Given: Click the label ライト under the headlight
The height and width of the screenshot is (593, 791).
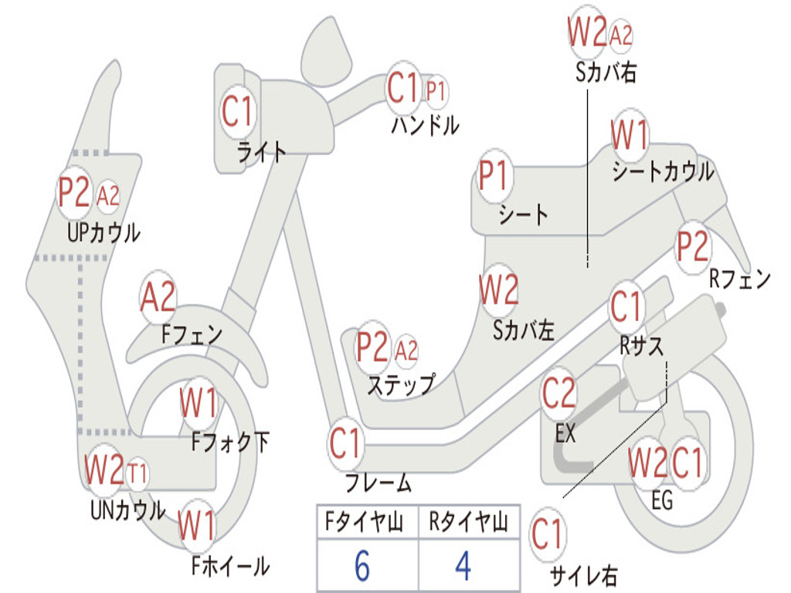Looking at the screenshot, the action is pyautogui.click(x=262, y=151).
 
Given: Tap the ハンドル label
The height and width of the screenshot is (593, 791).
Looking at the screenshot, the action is pyautogui.click(x=425, y=124).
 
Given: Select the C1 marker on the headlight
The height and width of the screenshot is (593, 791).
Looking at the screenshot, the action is pyautogui.click(x=237, y=111).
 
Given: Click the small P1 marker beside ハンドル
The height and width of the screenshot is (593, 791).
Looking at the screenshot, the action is pyautogui.click(x=436, y=92).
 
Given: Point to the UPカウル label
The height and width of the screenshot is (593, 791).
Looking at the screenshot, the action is pyautogui.click(x=104, y=232).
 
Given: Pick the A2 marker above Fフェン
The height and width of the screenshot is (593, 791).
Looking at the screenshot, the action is pyautogui.click(x=158, y=297).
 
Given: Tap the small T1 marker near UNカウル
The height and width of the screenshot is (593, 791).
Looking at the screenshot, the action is pyautogui.click(x=137, y=471).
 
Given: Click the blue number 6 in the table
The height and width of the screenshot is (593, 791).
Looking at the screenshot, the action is pyautogui.click(x=362, y=566).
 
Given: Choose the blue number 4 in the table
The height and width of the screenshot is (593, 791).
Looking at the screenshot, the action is pyautogui.click(x=463, y=566).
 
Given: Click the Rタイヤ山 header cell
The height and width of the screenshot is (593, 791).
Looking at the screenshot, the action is pyautogui.click(x=468, y=524).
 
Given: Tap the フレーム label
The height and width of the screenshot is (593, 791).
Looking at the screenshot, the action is pyautogui.click(x=378, y=484).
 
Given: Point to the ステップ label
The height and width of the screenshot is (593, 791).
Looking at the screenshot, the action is pyautogui.click(x=400, y=384).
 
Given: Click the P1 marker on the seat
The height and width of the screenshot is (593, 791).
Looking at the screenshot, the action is pyautogui.click(x=494, y=177).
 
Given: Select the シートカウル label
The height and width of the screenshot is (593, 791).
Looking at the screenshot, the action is pyautogui.click(x=663, y=172).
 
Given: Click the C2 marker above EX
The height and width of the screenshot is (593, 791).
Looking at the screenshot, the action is pyautogui.click(x=558, y=394).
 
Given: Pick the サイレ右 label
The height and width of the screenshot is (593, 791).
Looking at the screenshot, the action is pyautogui.click(x=583, y=574).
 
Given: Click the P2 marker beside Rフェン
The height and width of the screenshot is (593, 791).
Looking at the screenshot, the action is pyautogui.click(x=692, y=246).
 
